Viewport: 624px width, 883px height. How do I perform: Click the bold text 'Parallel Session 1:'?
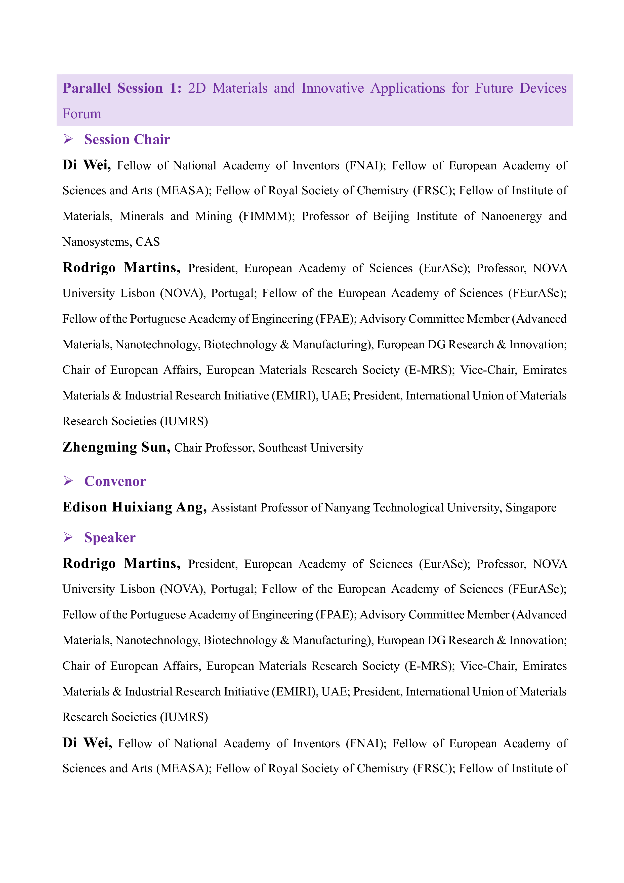coord(122,88)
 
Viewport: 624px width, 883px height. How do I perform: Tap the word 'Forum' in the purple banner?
coord(82,114)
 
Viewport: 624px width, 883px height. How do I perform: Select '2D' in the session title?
coord(197,88)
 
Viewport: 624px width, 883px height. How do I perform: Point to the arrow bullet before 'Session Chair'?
coord(68,139)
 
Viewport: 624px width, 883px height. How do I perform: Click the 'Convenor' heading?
coord(115,481)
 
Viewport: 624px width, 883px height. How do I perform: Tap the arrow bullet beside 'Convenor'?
coord(68,481)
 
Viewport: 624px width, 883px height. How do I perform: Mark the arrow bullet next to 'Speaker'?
coord(68,537)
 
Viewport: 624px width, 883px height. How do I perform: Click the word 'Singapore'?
coord(531,508)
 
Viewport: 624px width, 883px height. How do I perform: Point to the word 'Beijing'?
coord(391,216)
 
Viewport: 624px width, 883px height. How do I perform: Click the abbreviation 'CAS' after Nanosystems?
coord(148,242)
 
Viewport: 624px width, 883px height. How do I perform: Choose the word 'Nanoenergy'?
coord(511,216)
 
